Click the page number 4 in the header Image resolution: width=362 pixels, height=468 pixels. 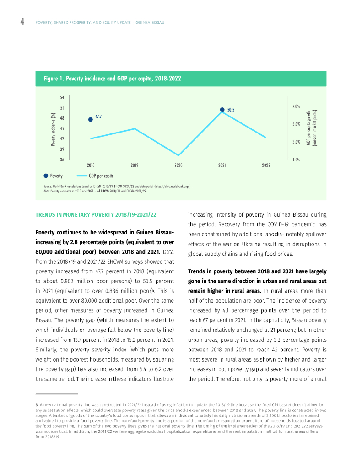pos(22,22)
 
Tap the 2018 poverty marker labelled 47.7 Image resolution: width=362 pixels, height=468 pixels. pos(91,119)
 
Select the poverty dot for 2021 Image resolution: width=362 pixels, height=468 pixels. pos(222,110)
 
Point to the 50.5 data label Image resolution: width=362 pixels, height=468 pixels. pos(231,110)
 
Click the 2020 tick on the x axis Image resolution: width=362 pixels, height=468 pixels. pos(178,165)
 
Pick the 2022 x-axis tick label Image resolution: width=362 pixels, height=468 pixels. pos(266,165)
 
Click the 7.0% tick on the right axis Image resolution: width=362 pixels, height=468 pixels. pos(296,106)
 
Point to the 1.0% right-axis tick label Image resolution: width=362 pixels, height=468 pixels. pos(296,160)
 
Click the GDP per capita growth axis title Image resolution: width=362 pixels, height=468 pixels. pos(311,128)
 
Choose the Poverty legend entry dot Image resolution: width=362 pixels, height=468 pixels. pos(46,175)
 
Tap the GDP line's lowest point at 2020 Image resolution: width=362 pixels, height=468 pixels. pos(178,155)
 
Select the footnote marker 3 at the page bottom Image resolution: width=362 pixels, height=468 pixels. pos(36,404)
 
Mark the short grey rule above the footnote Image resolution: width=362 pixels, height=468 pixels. pos(57,394)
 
